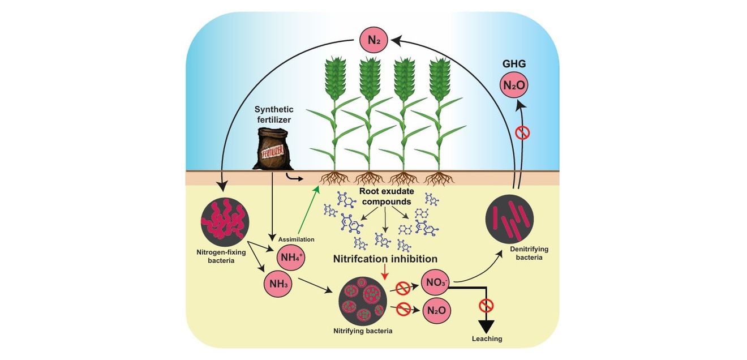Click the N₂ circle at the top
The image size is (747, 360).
373,40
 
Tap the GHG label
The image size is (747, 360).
514,63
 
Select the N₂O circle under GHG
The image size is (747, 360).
514,85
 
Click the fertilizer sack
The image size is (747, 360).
272,149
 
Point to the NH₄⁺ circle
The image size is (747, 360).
291,257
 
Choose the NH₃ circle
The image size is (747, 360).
278,284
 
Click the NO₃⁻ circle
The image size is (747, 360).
436,282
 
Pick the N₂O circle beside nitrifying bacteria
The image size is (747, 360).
436,311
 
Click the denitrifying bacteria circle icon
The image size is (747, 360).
509,219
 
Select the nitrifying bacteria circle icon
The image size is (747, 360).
363,301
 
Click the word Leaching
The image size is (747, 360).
487,338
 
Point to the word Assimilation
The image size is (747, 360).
296,239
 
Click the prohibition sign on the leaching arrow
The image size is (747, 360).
486,305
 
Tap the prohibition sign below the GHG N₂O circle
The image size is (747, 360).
522,133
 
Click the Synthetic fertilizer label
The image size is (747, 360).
274,114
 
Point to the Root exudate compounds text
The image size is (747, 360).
387,196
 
